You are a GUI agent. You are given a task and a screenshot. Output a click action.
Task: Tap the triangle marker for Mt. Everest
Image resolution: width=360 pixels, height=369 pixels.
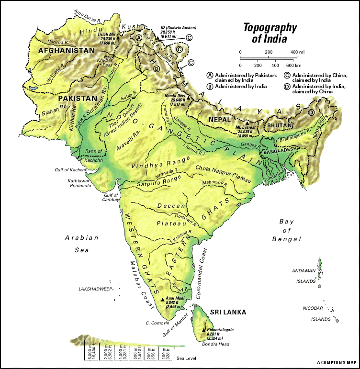click(x=247, y=123)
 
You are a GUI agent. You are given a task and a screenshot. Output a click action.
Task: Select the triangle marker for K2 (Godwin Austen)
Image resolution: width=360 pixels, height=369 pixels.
click(x=157, y=30)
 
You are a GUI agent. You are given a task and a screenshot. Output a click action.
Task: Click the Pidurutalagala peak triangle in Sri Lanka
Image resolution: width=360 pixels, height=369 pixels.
click(x=204, y=329)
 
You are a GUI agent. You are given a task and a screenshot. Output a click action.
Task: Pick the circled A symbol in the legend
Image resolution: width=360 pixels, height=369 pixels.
click(x=210, y=75)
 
